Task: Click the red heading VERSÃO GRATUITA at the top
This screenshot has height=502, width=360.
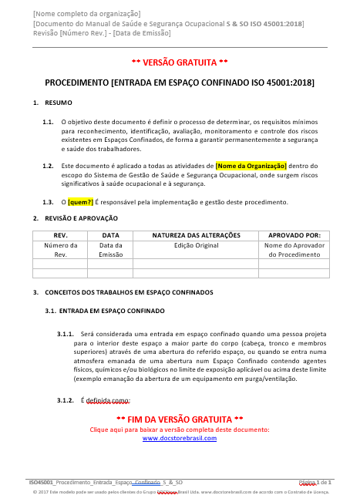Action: click(180, 61)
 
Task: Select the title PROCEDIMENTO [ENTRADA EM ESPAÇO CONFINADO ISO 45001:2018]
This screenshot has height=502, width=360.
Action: click(180, 81)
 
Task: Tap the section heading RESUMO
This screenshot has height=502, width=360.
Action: click(59, 103)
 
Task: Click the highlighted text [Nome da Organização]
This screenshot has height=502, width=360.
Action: click(251, 165)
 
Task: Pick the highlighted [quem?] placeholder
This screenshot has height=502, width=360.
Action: click(80, 202)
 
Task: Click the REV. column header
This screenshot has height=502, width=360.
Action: click(60, 234)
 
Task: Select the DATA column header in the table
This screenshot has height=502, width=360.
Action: click(110, 234)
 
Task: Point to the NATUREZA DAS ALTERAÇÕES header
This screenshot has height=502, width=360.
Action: click(196, 234)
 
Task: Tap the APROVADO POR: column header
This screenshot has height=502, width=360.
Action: click(294, 234)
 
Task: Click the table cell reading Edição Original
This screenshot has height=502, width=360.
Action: click(196, 244)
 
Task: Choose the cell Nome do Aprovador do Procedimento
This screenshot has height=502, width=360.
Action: click(294, 249)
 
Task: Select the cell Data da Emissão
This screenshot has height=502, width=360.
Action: click(110, 249)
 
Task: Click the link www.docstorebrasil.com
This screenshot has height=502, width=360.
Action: click(180, 438)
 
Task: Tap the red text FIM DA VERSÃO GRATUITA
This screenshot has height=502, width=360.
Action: click(180, 419)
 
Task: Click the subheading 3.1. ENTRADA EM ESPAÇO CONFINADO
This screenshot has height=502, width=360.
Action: click(105, 311)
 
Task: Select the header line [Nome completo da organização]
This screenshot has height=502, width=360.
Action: click(86, 14)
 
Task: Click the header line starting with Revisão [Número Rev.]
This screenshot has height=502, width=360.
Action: click(101, 33)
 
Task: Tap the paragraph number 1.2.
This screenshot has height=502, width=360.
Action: click(48, 165)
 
